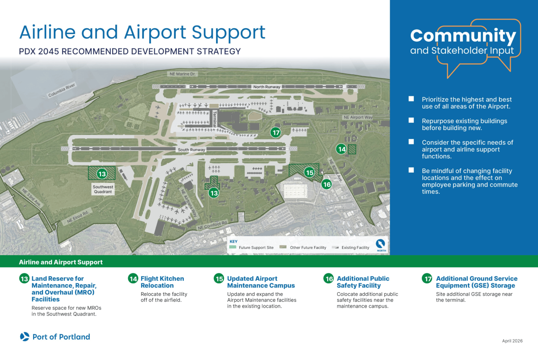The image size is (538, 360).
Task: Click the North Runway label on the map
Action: tap(266, 87)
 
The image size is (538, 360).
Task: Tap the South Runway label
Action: tap(191, 149)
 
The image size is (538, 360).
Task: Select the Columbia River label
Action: tap(63, 90)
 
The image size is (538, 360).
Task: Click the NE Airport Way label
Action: tap(358, 117)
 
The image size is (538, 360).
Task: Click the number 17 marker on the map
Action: tap(276, 132)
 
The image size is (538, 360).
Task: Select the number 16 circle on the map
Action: tap(326, 184)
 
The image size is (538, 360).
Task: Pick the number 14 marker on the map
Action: tap(342, 149)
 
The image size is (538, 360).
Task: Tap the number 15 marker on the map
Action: tap(309, 172)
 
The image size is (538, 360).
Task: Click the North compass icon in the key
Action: tap(381, 244)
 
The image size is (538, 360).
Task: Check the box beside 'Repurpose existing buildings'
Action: tap(411, 121)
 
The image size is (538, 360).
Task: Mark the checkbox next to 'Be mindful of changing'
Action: tap(411, 170)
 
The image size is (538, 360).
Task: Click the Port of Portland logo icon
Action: tap(25, 337)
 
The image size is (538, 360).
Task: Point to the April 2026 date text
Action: tap(512, 341)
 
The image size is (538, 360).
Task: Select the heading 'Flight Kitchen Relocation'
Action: tap(162, 282)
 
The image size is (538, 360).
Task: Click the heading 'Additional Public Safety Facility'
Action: tap(363, 282)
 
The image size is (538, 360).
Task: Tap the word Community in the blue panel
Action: tap(463, 36)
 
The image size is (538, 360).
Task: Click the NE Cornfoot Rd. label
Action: tap(213, 226)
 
